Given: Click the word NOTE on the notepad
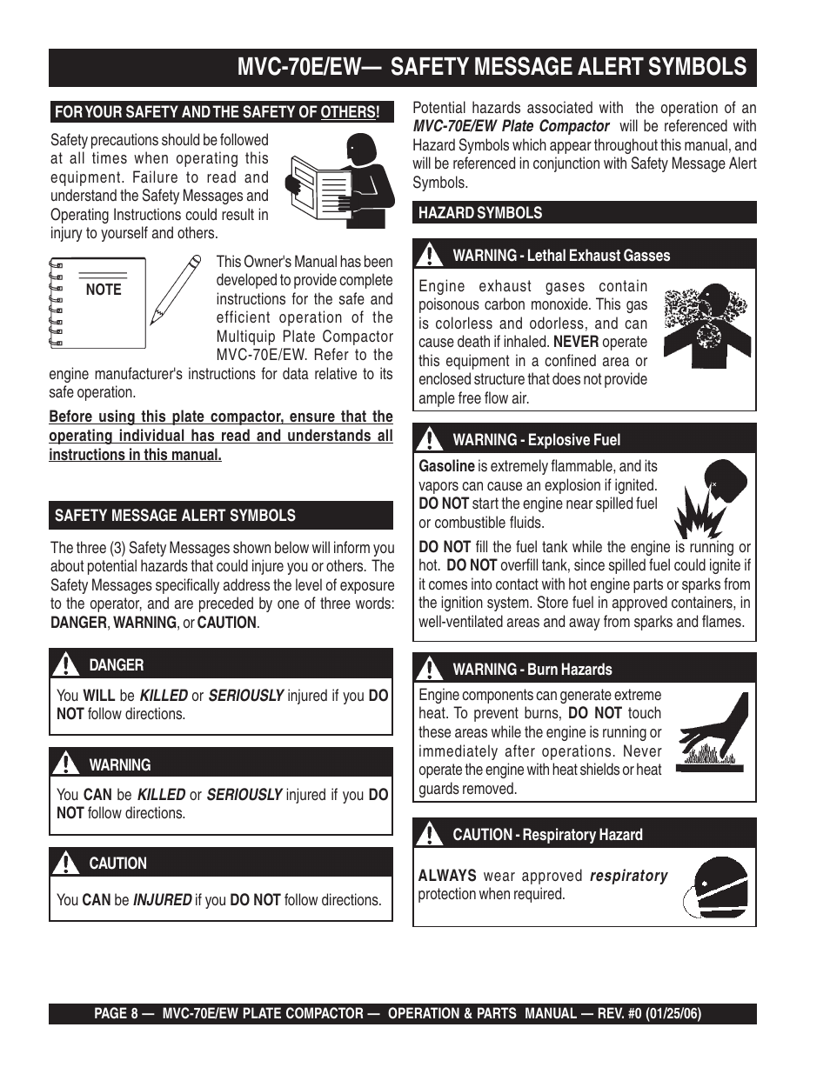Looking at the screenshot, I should (x=104, y=290).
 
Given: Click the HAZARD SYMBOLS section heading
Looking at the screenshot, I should (x=480, y=213).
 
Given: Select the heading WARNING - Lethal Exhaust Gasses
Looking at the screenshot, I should (x=561, y=256).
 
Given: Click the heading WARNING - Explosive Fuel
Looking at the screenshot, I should (x=536, y=440).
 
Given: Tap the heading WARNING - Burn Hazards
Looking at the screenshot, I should (x=532, y=670).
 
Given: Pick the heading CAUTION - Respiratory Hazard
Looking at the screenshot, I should (x=547, y=835).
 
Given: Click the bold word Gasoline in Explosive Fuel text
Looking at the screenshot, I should (x=446, y=466).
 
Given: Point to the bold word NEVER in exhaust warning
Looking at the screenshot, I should (x=575, y=342).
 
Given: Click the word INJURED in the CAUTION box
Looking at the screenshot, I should (x=162, y=900).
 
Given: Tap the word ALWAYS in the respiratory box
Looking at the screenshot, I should (x=447, y=876).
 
